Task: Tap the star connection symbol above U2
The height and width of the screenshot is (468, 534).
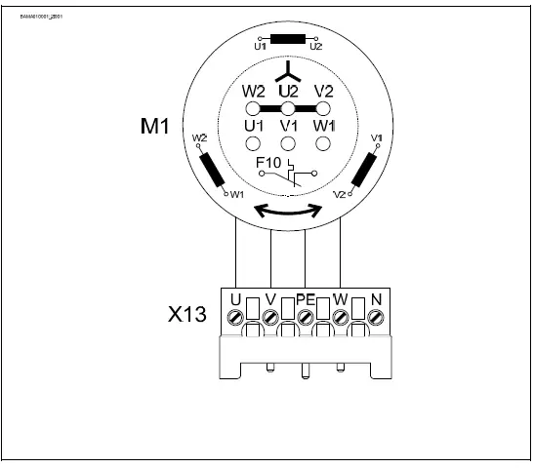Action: tap(287, 71)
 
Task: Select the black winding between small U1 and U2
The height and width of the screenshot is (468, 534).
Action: tap(287, 40)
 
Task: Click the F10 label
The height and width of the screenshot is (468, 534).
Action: tap(269, 161)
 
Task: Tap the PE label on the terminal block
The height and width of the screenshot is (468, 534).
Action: tap(305, 297)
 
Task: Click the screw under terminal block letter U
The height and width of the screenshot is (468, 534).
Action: tap(236, 318)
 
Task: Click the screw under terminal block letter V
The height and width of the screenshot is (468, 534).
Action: tap(270, 318)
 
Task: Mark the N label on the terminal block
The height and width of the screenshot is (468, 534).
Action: tap(375, 297)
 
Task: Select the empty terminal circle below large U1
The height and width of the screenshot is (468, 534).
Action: tap(253, 143)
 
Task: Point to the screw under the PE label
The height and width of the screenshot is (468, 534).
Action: tap(306, 318)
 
